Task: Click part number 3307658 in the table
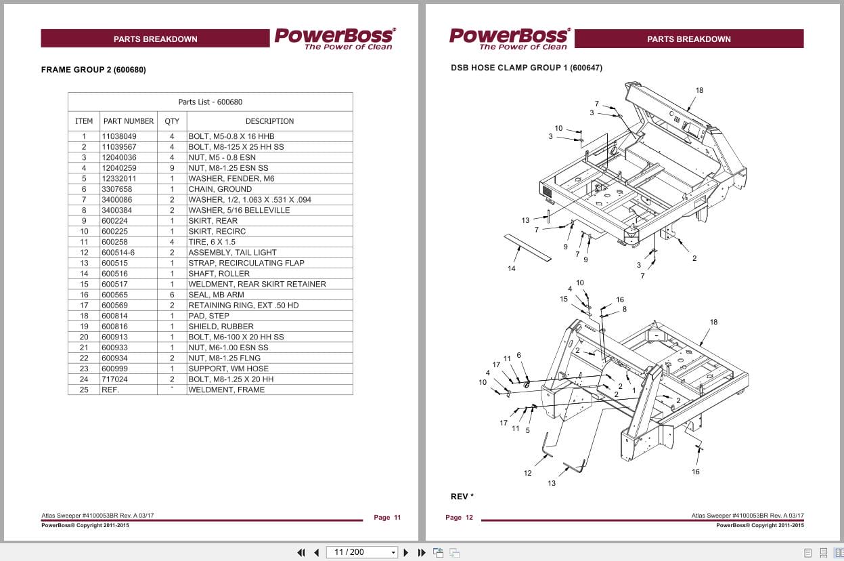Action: pyautogui.click(x=117, y=189)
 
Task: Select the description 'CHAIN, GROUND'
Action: pyautogui.click(x=219, y=189)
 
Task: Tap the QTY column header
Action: pyautogui.click(x=172, y=121)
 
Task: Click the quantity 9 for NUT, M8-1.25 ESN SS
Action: pyautogui.click(x=172, y=168)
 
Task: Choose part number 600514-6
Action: pyautogui.click(x=118, y=253)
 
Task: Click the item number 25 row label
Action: pyautogui.click(x=84, y=390)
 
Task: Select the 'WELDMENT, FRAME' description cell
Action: pyautogui.click(x=226, y=390)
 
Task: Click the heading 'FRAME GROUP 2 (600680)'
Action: pyautogui.click(x=93, y=70)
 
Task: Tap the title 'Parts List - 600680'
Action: pyautogui.click(x=210, y=102)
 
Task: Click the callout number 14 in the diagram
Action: pyautogui.click(x=511, y=269)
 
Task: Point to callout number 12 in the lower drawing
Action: pyautogui.click(x=527, y=473)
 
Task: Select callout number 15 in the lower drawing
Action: pyautogui.click(x=564, y=299)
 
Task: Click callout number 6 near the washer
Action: pyautogui.click(x=518, y=355)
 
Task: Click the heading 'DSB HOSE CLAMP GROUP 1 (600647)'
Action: pyautogui.click(x=526, y=68)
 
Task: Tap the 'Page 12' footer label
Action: pyautogui.click(x=459, y=518)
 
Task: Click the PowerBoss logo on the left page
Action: pyautogui.click(x=334, y=39)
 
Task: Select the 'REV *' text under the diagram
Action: pyautogui.click(x=462, y=497)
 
